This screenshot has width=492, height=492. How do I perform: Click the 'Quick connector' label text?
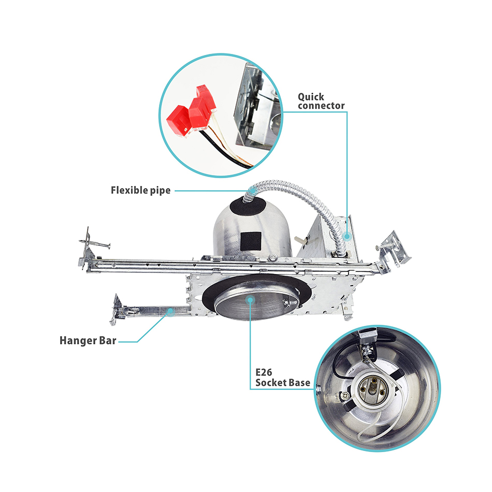coord(321,101)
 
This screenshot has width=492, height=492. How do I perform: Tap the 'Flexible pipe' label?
coord(140,190)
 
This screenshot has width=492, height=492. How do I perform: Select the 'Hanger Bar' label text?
coord(88,340)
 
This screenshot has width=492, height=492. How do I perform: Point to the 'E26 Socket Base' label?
coord(283,378)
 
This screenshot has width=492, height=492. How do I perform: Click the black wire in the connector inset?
coord(220,151)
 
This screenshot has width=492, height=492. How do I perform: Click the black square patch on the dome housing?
coord(251,241)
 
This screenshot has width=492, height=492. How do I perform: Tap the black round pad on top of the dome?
coord(248,207)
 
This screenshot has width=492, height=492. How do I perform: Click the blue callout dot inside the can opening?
coord(250,300)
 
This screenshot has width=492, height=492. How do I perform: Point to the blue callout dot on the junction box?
coord(346,236)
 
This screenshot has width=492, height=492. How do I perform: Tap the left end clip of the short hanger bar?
coord(117,309)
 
